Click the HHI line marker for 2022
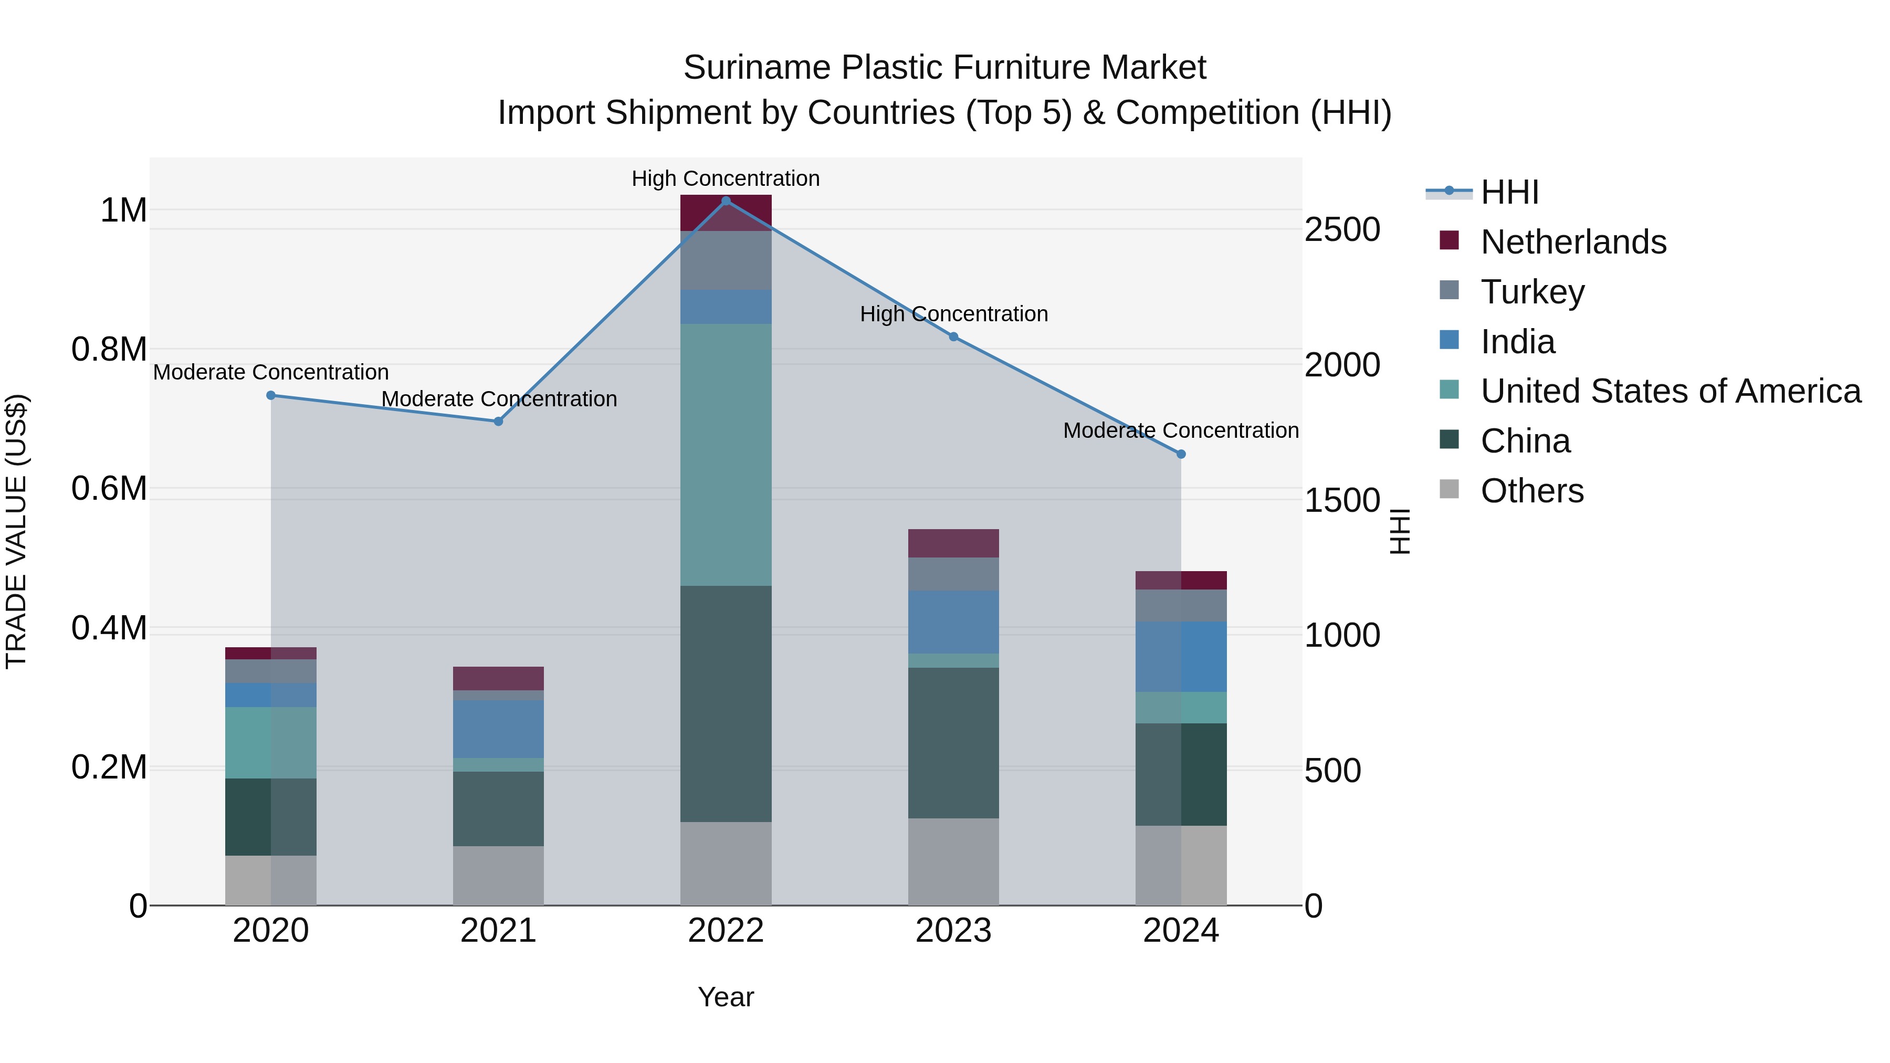coord(726,201)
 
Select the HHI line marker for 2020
coord(271,395)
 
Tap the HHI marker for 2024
coord(1181,454)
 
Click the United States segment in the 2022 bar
coord(726,455)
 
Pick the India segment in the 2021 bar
coord(498,729)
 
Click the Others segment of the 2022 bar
coord(726,864)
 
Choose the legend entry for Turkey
coord(1532,292)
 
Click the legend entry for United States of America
coord(1670,391)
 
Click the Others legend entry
coord(1531,491)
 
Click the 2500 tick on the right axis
coord(1342,229)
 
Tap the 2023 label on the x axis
coord(953,931)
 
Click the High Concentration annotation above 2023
coord(953,314)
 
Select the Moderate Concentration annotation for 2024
coord(1181,430)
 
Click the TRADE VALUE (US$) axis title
coord(16,531)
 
